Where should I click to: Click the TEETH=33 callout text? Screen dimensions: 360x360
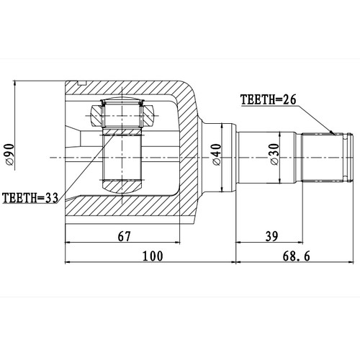coord(31,197)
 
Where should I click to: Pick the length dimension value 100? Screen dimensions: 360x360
coord(153,255)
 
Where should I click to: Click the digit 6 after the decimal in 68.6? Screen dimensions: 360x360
coord(314,255)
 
